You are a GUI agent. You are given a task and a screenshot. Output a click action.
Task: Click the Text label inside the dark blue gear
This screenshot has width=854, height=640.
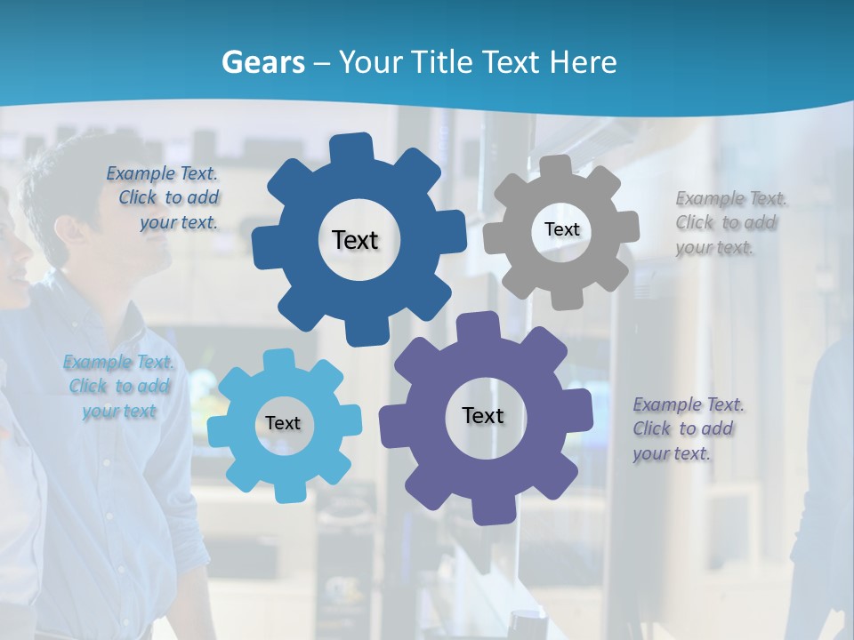coord(355,240)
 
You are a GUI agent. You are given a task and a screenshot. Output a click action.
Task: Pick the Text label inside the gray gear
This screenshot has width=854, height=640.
coord(561,229)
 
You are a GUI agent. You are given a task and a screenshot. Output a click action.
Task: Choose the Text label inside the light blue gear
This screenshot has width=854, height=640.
coord(283,423)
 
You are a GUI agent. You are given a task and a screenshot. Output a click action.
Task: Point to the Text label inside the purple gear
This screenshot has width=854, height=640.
coord(483,415)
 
